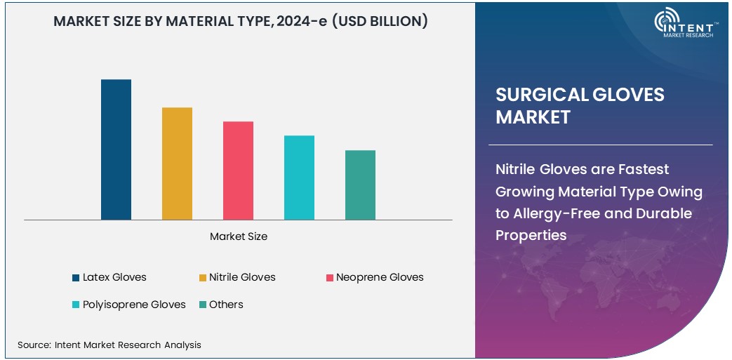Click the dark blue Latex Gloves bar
coord(116,149)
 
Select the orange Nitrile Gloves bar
coord(177,164)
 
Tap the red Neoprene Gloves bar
coord(238,171)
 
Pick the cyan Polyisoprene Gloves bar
coord(299,178)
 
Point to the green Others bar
coord(360,185)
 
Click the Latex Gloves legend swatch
coord(76,278)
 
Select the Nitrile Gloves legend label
coord(242,277)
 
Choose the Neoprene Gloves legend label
coord(380,277)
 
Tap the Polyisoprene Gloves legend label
coord(134,305)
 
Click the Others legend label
coord(226,305)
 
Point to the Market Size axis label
coord(239,236)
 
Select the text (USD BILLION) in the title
coord(379,22)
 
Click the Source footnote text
coord(109,345)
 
